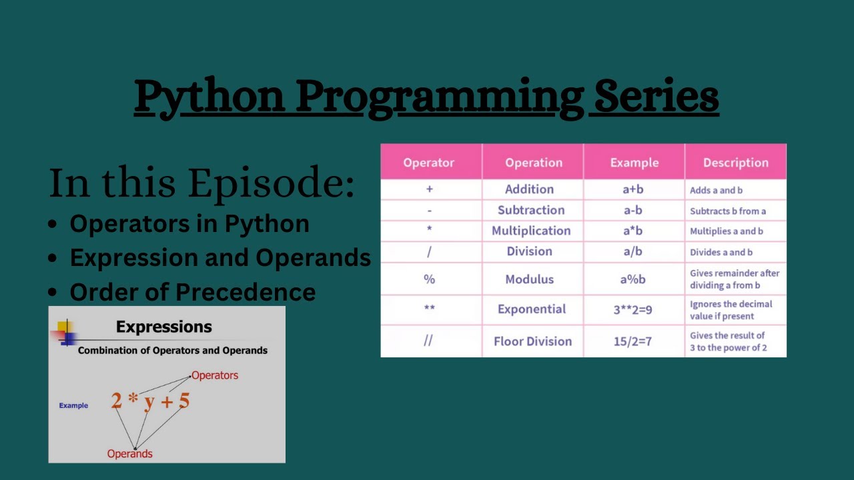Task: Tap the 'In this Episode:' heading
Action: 201,183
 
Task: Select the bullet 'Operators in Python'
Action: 189,224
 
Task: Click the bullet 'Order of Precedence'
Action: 192,292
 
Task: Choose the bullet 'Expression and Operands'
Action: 220,258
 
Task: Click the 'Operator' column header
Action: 428,163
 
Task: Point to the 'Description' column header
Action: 735,163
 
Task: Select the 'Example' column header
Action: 634,163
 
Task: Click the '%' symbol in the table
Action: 429,279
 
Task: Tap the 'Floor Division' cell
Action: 532,341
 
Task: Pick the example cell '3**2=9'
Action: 632,309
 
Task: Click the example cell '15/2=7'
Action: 632,341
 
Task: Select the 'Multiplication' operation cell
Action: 531,231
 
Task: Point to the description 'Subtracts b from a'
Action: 728,211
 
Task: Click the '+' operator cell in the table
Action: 429,189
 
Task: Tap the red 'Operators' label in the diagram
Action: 215,375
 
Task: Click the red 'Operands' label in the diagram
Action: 130,454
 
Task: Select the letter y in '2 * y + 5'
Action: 149,401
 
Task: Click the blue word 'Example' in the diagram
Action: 73,405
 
